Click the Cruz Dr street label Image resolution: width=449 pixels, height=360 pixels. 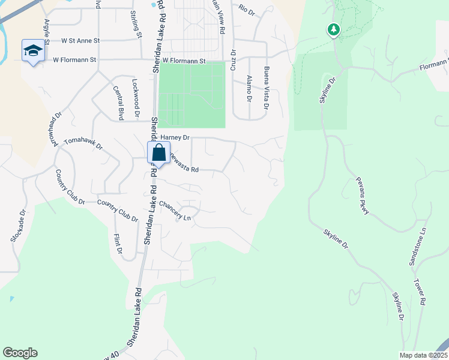(233, 64)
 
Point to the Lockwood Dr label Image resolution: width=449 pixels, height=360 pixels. (136, 97)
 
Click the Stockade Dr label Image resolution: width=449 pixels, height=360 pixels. (18, 226)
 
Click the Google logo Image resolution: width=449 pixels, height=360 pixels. (20, 353)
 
